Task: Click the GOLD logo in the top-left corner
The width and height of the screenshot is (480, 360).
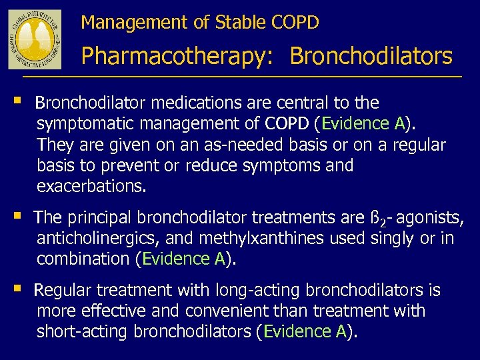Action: click(35, 39)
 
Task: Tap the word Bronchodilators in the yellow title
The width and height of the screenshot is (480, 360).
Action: click(371, 57)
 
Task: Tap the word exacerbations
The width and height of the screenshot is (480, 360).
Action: click(91, 186)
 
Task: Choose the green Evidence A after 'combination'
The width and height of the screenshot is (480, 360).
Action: click(183, 259)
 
